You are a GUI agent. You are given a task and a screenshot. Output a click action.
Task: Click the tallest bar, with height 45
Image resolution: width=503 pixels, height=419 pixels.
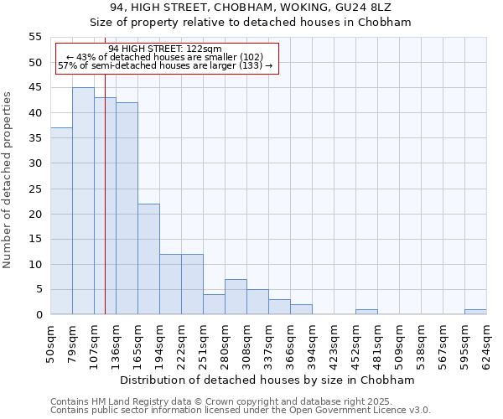(83, 201)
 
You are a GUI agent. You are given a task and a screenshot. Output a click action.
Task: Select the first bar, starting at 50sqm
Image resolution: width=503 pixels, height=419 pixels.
(61, 221)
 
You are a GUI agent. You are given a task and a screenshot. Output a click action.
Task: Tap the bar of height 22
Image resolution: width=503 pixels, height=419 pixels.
(148, 259)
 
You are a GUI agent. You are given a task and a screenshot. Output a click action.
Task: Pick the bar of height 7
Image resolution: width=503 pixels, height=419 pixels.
(236, 297)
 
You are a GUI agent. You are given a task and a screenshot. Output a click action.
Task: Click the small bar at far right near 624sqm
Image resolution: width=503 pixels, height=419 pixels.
(475, 312)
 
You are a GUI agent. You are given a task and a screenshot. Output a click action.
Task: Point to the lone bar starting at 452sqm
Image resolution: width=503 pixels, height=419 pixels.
(366, 312)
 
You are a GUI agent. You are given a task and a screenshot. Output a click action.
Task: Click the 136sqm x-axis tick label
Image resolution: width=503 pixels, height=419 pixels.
(117, 342)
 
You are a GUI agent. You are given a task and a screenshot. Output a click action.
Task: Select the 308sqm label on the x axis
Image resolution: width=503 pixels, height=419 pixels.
(247, 342)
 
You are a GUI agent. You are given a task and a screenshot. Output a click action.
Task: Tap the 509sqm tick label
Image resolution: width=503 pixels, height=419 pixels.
(400, 342)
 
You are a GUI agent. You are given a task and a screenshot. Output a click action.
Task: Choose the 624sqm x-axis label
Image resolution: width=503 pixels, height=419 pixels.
(487, 342)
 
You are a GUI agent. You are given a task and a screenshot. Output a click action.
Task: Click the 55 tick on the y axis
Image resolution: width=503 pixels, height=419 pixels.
(35, 37)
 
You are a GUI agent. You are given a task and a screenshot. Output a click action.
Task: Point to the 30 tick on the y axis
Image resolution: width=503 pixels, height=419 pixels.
(35, 163)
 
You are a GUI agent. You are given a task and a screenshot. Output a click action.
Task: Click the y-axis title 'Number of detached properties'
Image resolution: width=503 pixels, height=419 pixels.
(8, 179)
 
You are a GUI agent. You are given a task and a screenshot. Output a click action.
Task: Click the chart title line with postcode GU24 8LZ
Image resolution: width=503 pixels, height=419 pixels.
(251, 8)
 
